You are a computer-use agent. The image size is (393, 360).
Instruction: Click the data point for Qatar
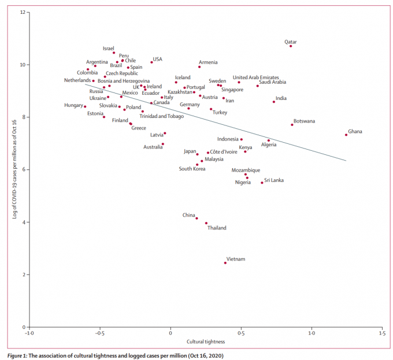pyautogui.click(x=291, y=46)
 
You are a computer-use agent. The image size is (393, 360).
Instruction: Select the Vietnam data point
pyautogui.click(x=225, y=263)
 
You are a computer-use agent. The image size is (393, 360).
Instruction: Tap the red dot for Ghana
pyautogui.click(x=346, y=135)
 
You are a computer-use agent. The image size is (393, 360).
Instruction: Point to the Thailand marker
pyautogui.click(x=206, y=223)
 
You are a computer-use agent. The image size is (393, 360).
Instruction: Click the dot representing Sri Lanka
pyautogui.click(x=262, y=183)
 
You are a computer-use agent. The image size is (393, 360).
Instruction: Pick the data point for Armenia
pyautogui.click(x=199, y=67)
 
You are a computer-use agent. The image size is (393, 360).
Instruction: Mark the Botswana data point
pyautogui.click(x=292, y=125)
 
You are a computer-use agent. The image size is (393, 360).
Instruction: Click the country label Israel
pyautogui.click(x=109, y=49)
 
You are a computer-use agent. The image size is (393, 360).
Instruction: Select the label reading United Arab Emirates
pyautogui.click(x=255, y=77)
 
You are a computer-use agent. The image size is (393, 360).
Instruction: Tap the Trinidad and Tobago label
pyautogui.click(x=162, y=116)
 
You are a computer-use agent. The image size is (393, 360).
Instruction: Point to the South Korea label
pyautogui.click(x=192, y=169)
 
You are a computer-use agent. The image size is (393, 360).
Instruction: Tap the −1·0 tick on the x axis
pyautogui.click(x=29, y=334)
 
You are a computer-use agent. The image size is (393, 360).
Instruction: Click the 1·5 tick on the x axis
pyautogui.click(x=382, y=334)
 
